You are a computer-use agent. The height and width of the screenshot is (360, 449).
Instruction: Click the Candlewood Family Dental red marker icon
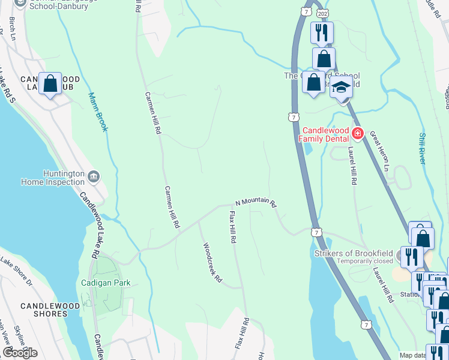[x=358, y=133]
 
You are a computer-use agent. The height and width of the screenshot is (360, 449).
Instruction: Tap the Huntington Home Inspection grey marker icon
[x=94, y=176]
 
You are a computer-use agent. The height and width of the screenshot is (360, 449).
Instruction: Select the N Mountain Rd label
[x=256, y=203]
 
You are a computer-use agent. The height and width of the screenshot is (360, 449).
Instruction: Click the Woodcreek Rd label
[x=212, y=263]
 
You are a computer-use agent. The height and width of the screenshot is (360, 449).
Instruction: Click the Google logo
[x=20, y=353]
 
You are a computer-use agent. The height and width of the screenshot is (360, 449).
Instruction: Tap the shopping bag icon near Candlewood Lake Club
[x=50, y=84]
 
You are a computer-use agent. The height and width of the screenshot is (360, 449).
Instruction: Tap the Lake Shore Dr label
[x=16, y=269]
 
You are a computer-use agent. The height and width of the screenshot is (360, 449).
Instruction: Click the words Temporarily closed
[x=366, y=261]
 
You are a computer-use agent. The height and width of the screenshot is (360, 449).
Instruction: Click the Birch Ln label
[x=11, y=27]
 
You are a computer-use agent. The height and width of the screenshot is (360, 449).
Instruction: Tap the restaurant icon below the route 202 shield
[x=322, y=32]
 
